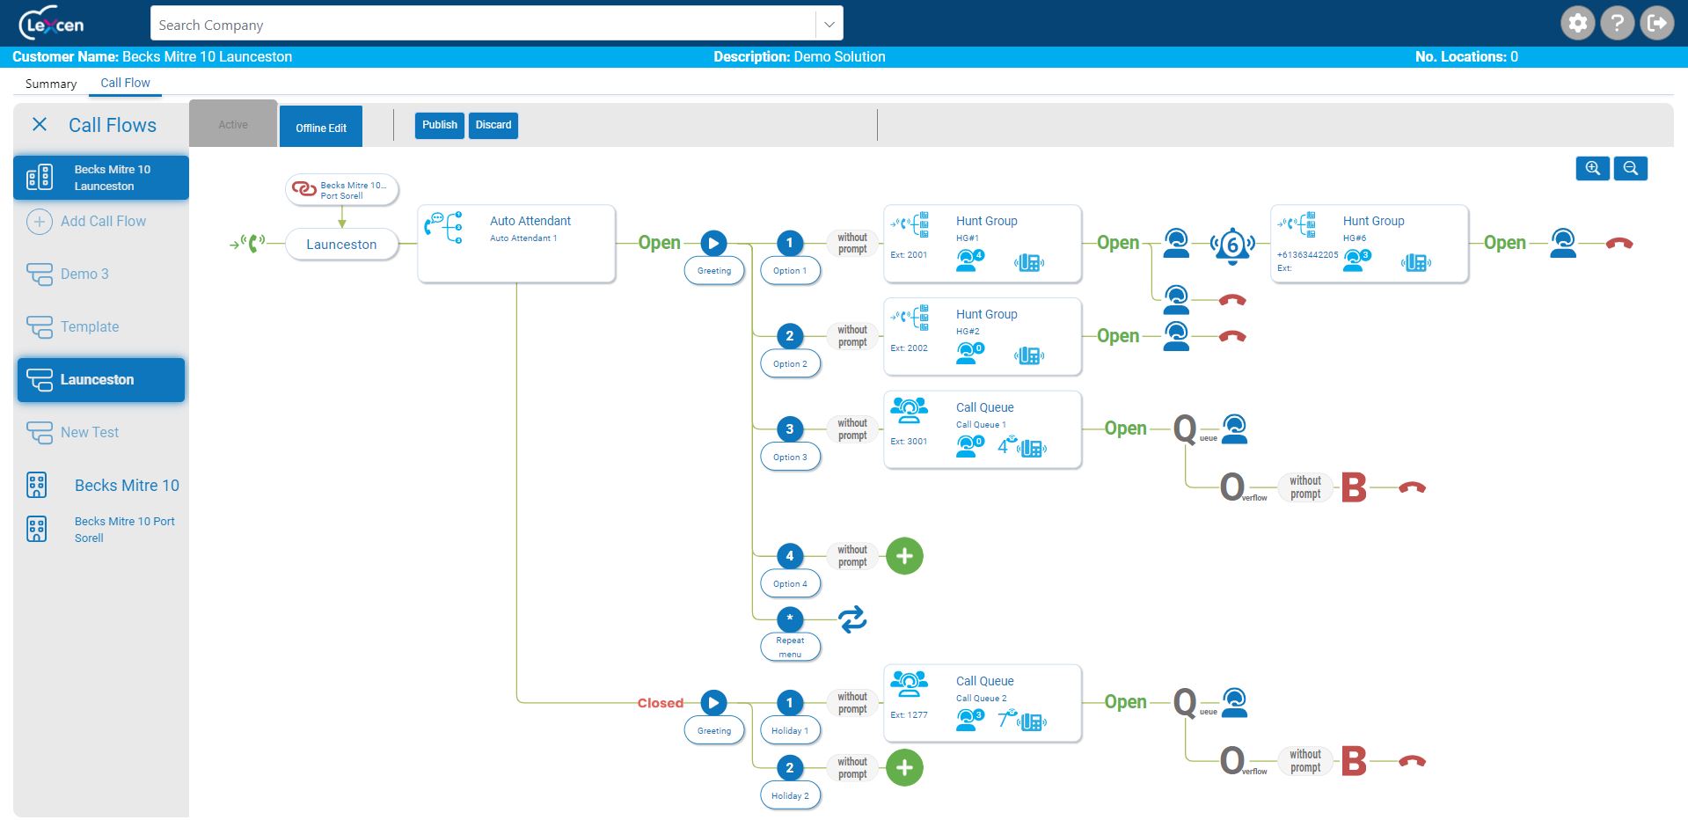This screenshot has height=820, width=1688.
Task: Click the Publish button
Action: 439,125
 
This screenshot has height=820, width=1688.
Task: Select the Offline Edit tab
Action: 321,128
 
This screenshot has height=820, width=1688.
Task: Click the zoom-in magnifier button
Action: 1592,168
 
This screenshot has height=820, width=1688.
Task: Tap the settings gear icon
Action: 1578,23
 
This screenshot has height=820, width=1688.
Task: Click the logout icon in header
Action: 1657,23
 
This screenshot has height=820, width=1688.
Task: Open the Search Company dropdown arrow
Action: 829,25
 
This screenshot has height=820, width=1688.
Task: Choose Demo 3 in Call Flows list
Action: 84,274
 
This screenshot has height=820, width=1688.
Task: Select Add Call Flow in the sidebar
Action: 103,221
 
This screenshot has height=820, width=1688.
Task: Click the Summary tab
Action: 51,84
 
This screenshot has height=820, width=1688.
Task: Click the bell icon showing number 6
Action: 1231,245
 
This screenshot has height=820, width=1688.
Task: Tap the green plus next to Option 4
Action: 904,556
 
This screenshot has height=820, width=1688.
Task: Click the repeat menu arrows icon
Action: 852,619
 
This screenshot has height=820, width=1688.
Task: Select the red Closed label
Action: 660,703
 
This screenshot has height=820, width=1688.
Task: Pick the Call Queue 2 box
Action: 982,702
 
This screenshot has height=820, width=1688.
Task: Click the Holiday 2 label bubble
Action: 790,795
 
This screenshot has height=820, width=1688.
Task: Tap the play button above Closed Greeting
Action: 713,703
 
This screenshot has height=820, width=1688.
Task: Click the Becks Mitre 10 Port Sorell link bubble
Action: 342,190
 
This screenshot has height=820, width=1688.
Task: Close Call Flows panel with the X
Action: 40,125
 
